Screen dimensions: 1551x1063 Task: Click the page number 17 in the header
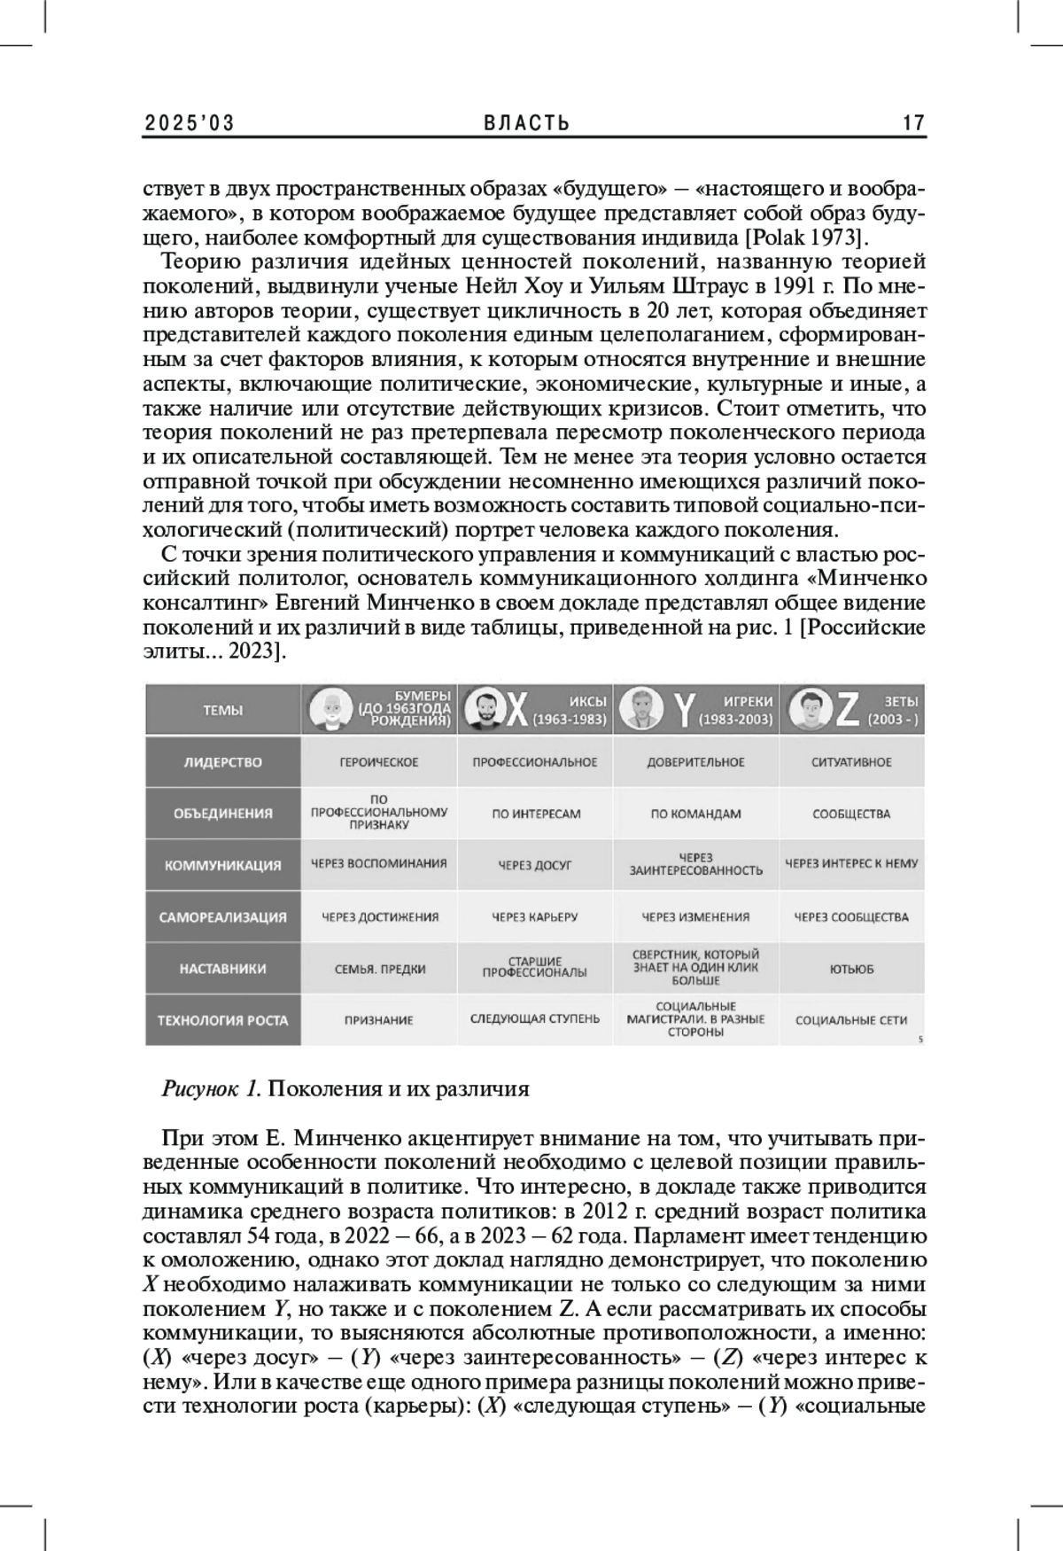click(913, 123)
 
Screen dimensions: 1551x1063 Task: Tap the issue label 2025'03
click(190, 123)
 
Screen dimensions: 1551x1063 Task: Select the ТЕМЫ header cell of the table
click(222, 710)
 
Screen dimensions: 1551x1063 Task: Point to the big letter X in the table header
click(516, 710)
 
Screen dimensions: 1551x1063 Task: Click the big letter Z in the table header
click(847, 709)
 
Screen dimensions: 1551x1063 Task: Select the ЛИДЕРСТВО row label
click(222, 762)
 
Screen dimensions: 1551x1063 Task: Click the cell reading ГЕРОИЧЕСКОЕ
click(379, 762)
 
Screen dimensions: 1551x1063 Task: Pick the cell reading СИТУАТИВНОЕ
click(851, 762)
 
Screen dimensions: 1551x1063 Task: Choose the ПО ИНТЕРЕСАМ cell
click(535, 814)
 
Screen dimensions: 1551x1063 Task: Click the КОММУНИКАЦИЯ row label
click(222, 866)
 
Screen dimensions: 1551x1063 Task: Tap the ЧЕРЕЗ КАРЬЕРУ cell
click(535, 917)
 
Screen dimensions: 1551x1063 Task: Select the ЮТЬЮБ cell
click(851, 969)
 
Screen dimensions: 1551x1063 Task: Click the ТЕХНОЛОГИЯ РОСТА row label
click(222, 1020)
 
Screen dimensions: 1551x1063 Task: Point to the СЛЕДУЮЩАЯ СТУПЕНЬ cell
click(535, 1019)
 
